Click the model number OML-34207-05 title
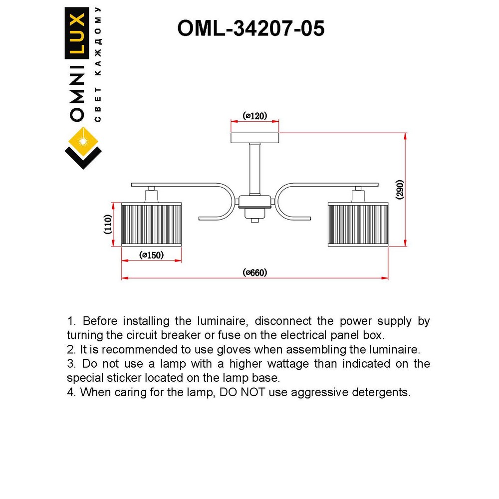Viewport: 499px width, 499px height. click(251, 29)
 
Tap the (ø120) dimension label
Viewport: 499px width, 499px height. click(254, 116)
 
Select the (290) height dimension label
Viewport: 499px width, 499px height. click(399, 190)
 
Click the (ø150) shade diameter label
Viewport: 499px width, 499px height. click(152, 255)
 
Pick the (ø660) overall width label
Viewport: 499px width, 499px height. click(255, 272)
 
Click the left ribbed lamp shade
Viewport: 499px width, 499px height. click(152, 224)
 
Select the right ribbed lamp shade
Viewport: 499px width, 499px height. click(358, 224)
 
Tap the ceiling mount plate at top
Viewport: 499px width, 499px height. click(254, 137)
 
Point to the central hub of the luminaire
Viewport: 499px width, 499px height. click(255, 203)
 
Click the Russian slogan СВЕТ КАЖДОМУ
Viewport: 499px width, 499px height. click(98, 65)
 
